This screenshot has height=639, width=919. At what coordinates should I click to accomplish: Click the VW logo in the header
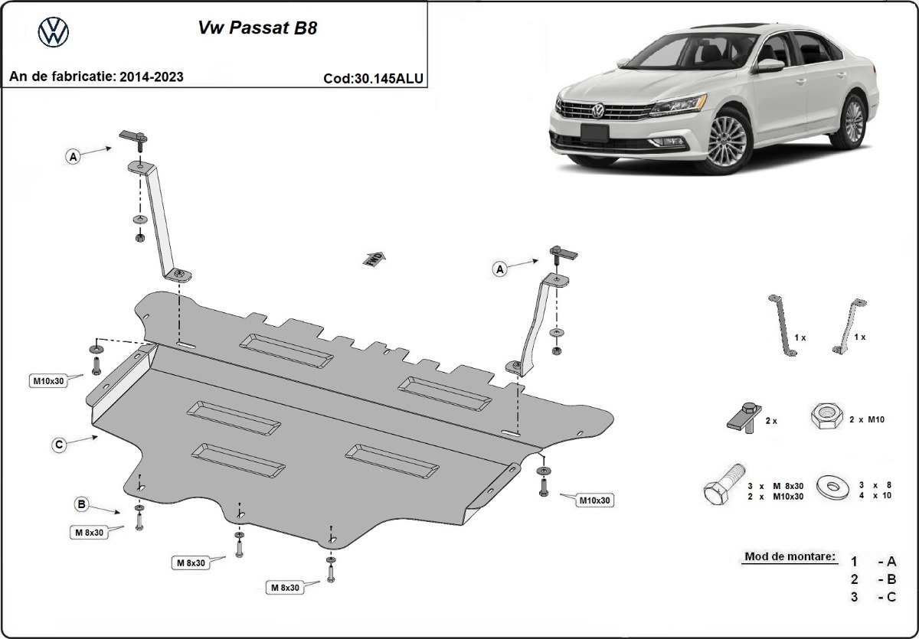(x=54, y=31)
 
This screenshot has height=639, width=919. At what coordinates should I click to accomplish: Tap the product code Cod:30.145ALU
(x=374, y=78)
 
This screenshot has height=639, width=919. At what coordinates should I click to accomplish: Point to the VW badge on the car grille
(x=597, y=111)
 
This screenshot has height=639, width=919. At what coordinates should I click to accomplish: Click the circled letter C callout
(x=58, y=444)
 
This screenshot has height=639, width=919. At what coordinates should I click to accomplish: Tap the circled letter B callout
(x=81, y=504)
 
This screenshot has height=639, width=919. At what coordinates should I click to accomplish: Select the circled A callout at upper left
(x=74, y=157)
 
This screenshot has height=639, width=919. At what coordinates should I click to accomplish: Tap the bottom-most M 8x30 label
(x=284, y=587)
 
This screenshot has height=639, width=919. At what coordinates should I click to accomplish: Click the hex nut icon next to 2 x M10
(x=825, y=418)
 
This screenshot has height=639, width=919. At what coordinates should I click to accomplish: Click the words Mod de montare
(x=789, y=556)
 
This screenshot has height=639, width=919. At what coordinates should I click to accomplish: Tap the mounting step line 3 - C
(x=873, y=597)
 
